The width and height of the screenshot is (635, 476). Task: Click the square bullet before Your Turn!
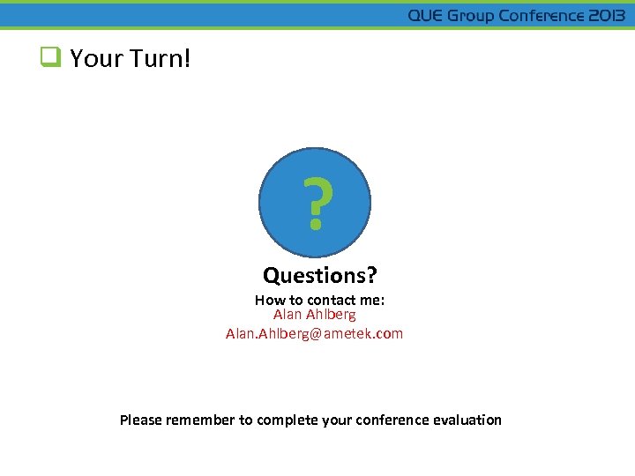pyautogui.click(x=49, y=59)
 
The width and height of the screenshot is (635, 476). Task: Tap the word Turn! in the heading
pyautogui.click(x=160, y=59)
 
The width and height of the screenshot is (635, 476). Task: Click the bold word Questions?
pyautogui.click(x=319, y=276)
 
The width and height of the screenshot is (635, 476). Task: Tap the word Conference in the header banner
pyautogui.click(x=542, y=16)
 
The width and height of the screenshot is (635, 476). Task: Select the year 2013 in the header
pyautogui.click(x=608, y=16)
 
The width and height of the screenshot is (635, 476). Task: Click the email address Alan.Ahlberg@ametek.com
pyautogui.click(x=314, y=333)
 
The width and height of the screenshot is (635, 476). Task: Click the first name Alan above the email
pyautogui.click(x=288, y=314)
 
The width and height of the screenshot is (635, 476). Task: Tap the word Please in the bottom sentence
pyautogui.click(x=141, y=420)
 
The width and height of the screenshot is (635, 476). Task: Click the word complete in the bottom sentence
pyautogui.click(x=283, y=420)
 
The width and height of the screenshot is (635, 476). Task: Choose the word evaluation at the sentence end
pyautogui.click(x=467, y=420)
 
